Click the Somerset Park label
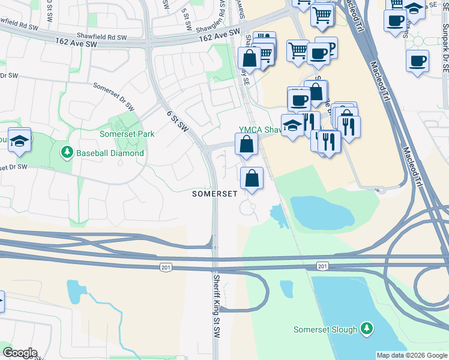(x=127, y=134)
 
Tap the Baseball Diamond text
(x=110, y=153)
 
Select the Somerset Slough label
(x=325, y=329)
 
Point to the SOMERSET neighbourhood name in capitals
(x=214, y=194)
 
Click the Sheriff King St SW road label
(x=215, y=305)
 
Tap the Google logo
(x=19, y=353)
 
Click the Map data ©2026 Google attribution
(x=412, y=355)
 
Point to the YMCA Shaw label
(x=260, y=130)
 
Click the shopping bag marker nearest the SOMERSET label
(x=252, y=178)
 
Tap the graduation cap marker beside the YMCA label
(x=292, y=126)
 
